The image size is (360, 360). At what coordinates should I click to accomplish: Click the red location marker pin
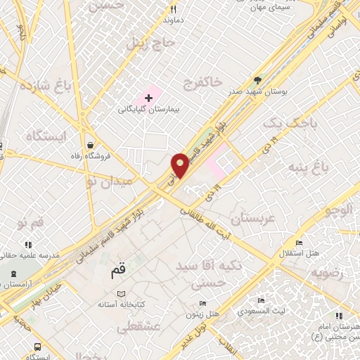181,165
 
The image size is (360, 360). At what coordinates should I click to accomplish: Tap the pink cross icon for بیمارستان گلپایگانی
148,98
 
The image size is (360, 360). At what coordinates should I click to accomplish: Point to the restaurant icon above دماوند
174,10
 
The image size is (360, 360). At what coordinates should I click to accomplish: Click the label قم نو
30,223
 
